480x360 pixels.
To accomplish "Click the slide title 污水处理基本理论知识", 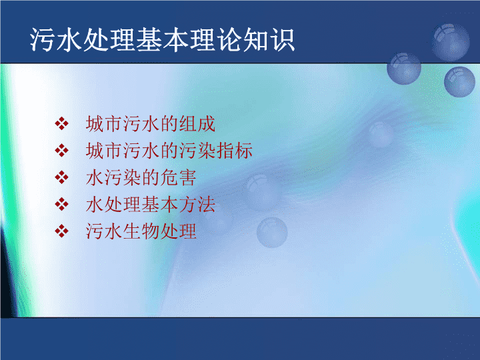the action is click(x=162, y=39).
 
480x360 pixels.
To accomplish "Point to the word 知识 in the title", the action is click(x=269, y=39).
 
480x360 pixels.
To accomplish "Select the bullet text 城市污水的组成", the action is click(x=150, y=124).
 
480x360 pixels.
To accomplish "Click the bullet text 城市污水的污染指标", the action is click(x=169, y=151).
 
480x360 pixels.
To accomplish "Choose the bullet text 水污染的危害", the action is click(x=141, y=177).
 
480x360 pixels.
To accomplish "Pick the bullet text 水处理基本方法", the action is click(x=150, y=205).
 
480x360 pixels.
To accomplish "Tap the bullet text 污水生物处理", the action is click(x=141, y=231).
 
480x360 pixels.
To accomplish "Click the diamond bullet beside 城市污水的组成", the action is click(x=61, y=124).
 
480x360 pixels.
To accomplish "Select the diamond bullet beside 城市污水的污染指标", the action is click(x=61, y=151).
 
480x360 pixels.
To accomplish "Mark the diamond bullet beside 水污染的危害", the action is click(x=61, y=177).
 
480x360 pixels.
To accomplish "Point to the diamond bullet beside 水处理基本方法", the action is click(x=61, y=204).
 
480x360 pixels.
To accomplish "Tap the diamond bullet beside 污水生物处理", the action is click(x=61, y=231).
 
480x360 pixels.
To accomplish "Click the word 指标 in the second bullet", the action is click(x=235, y=151).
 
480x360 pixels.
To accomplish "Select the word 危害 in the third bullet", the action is click(x=178, y=177).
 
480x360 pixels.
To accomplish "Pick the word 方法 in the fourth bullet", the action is click(x=197, y=205).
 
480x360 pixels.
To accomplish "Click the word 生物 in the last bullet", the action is click(x=141, y=231).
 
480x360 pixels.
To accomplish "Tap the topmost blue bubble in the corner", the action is click(x=451, y=43).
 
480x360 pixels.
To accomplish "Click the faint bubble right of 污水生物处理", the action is click(x=272, y=233).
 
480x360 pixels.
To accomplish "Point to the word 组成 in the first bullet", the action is click(x=197, y=124).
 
